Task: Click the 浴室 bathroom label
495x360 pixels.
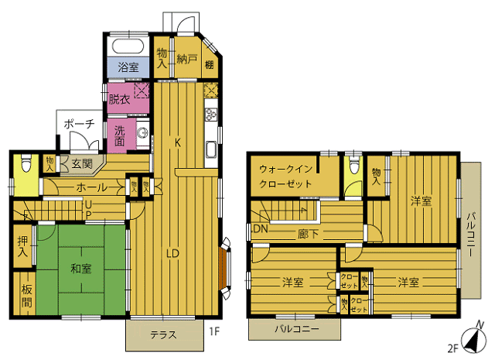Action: click(x=128, y=67)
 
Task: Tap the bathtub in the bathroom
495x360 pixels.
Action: click(x=128, y=46)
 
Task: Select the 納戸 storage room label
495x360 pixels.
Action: click(x=187, y=59)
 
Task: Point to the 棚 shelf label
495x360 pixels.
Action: click(x=210, y=65)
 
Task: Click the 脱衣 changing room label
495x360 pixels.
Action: click(x=119, y=99)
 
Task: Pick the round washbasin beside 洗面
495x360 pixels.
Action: click(x=142, y=132)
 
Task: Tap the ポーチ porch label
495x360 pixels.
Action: click(x=79, y=124)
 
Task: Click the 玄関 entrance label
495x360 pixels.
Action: click(x=82, y=163)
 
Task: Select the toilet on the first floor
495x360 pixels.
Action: click(x=26, y=162)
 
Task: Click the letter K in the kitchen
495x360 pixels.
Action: click(x=178, y=143)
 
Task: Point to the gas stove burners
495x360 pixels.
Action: click(x=211, y=115)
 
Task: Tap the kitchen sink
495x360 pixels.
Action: click(x=211, y=150)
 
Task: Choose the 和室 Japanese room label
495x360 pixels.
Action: click(x=80, y=269)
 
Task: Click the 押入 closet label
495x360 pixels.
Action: click(x=22, y=247)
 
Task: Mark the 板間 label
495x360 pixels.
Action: click(x=26, y=297)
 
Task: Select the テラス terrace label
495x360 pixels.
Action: click(x=163, y=334)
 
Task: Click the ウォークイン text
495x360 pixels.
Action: click(x=285, y=169)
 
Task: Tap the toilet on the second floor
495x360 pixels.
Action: click(x=354, y=164)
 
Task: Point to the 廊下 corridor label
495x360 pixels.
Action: click(x=308, y=235)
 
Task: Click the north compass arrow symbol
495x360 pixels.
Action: click(x=473, y=341)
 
